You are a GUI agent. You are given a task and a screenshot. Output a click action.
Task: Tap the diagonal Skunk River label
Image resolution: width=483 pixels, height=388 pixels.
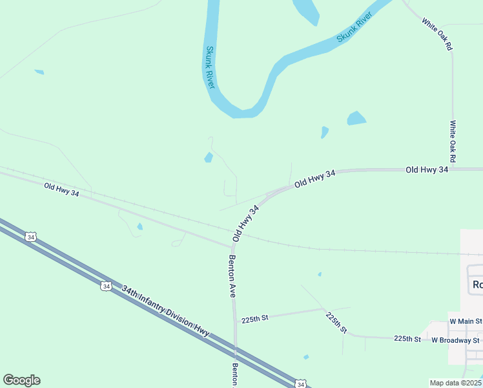coord(355,28)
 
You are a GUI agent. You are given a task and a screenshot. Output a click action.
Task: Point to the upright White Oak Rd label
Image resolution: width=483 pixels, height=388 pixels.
coord(453,141)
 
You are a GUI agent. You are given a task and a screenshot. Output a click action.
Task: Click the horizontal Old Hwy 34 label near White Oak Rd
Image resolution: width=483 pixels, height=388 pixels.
coord(426,169)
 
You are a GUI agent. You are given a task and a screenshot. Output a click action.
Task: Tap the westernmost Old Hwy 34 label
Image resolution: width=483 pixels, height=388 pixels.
coord(61,190)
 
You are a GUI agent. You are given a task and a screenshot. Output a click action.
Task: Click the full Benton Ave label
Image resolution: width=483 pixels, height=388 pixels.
coord(232,276)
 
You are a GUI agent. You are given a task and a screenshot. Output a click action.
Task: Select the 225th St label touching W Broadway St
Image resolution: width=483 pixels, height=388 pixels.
coord(407,338)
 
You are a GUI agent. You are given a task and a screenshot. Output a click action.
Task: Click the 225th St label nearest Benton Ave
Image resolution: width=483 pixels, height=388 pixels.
coord(254,319)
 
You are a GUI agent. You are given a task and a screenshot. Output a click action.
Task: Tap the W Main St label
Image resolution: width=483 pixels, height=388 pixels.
coord(466,321)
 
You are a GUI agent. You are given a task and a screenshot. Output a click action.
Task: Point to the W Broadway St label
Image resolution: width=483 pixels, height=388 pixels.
coord(456,340)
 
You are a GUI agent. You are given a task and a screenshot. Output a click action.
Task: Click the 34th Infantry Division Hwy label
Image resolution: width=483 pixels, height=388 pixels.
coord(165,312)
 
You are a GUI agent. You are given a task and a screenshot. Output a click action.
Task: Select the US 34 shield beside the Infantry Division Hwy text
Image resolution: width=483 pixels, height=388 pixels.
coord(105,285)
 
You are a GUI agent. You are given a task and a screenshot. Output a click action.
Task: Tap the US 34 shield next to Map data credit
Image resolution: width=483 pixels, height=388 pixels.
coord(301,383)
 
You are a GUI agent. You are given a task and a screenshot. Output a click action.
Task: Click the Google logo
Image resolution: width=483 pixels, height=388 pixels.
coord(21,380)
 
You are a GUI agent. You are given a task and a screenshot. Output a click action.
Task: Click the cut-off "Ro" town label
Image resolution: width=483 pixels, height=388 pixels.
coord(477,285)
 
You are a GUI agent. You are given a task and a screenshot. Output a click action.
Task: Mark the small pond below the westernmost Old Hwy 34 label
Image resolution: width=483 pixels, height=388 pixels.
coord(140,226)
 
